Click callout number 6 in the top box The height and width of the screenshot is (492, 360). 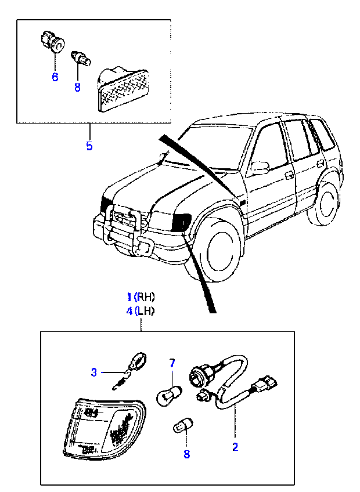click(x=55, y=77)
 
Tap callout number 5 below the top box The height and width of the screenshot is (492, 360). click(x=89, y=146)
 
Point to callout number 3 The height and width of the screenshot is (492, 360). click(x=94, y=372)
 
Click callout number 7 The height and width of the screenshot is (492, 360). click(x=172, y=363)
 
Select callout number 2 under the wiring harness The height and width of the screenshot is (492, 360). click(x=235, y=447)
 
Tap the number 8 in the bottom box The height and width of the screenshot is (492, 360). click(x=186, y=454)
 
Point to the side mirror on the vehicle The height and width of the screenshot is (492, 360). click(x=259, y=168)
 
